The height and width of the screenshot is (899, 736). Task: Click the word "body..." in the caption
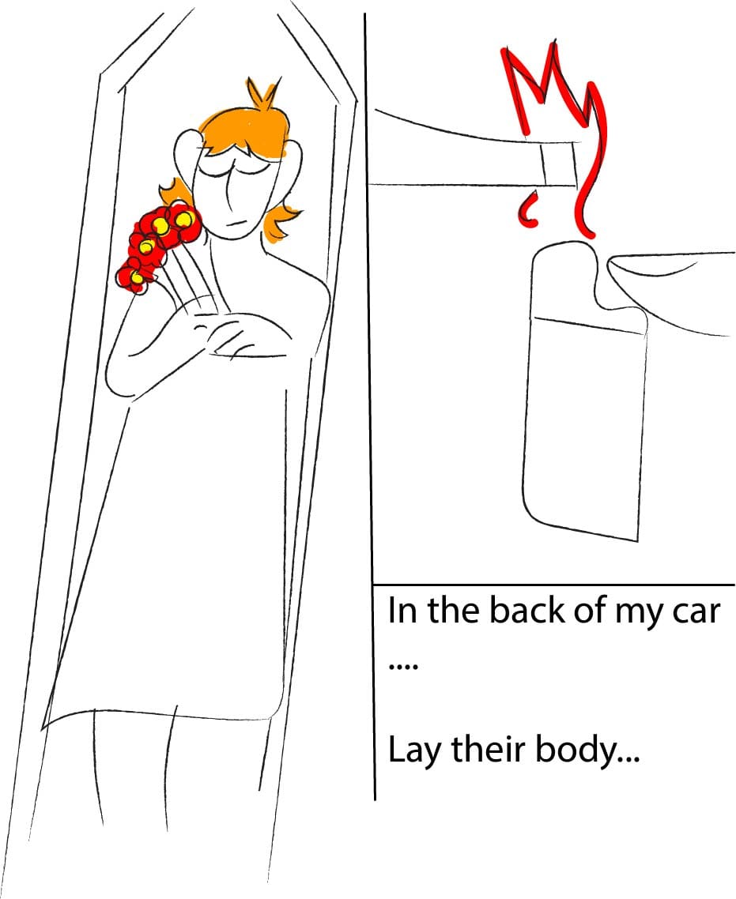click(x=587, y=751)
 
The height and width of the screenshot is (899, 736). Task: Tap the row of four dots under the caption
click(x=403, y=666)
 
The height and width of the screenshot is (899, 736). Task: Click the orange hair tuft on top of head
click(x=263, y=95)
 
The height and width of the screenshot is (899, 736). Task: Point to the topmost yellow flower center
click(x=185, y=219)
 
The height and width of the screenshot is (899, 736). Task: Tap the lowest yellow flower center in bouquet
click(x=137, y=278)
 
